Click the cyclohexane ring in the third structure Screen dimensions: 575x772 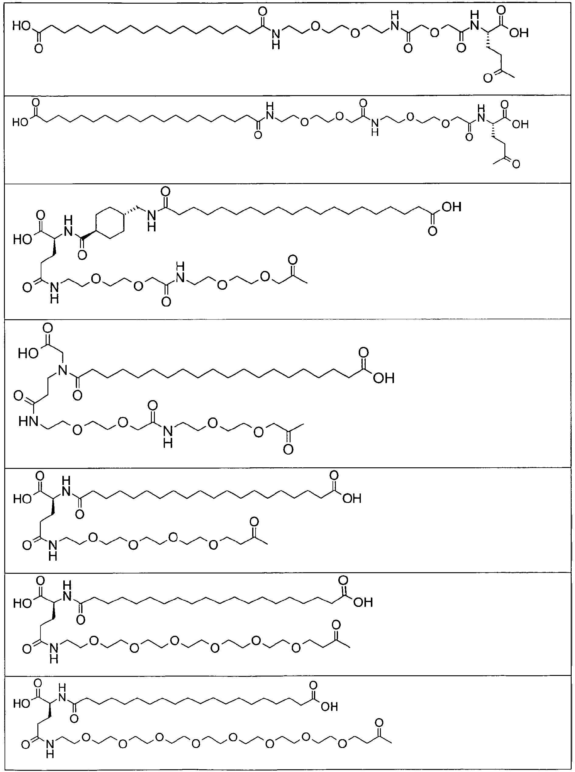point(110,223)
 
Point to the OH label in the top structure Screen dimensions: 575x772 point(518,33)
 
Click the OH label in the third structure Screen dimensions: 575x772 point(451,207)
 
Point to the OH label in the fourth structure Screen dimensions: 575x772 point(384,378)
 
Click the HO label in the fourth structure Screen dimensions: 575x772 point(28,354)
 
